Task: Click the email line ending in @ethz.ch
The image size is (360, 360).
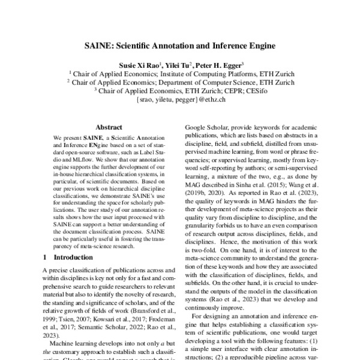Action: pyautogui.click(x=180, y=99)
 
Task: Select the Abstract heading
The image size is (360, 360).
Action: pyautogui.click(x=109, y=127)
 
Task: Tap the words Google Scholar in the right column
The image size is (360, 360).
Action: pyautogui.click(x=205, y=129)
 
